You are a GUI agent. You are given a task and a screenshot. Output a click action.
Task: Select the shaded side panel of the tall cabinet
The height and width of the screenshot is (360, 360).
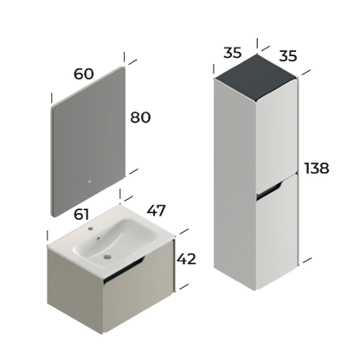[286, 173]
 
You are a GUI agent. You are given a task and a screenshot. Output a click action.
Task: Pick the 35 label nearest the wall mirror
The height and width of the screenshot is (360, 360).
[231, 52]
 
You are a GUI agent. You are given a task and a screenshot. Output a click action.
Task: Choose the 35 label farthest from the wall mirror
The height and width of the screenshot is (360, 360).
[289, 59]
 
